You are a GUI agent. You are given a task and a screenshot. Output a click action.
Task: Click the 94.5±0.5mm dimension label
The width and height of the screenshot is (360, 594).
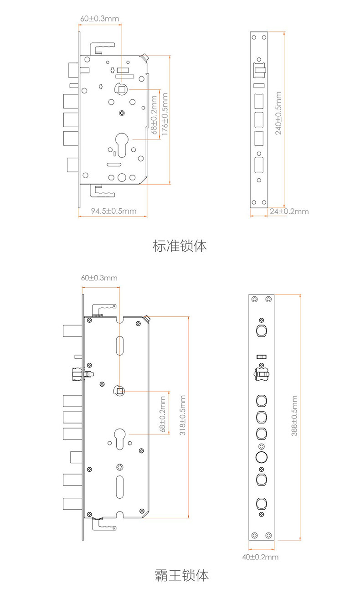pyautogui.click(x=113, y=211)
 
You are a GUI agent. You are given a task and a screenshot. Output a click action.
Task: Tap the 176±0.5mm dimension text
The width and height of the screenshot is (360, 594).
pyautogui.click(x=165, y=114)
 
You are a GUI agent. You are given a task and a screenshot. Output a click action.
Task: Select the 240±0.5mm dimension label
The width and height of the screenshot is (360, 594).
pyautogui.click(x=278, y=113)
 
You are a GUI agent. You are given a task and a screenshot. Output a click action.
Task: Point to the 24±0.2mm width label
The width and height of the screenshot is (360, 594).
pyautogui.click(x=289, y=211)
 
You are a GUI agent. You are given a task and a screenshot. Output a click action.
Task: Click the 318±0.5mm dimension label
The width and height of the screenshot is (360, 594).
pyautogui.click(x=182, y=416)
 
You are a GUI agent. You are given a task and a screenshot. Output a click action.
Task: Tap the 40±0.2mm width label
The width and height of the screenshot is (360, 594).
pyautogui.click(x=260, y=557)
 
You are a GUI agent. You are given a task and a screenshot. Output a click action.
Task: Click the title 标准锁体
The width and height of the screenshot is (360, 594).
pyautogui.click(x=180, y=246)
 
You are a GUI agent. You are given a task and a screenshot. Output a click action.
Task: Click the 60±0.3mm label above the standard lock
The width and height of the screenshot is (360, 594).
pyautogui.click(x=100, y=19)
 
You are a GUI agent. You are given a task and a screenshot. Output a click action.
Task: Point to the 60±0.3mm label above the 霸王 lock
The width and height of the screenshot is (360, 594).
pyautogui.click(x=99, y=278)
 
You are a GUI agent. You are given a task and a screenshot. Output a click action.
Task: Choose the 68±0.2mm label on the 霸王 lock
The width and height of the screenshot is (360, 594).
pyautogui.click(x=163, y=414)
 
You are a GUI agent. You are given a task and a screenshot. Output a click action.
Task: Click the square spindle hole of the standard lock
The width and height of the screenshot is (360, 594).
pyautogui.click(x=122, y=89)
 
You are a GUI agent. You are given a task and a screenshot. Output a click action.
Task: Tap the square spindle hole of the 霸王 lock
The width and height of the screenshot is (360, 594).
pyautogui.click(x=120, y=390)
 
